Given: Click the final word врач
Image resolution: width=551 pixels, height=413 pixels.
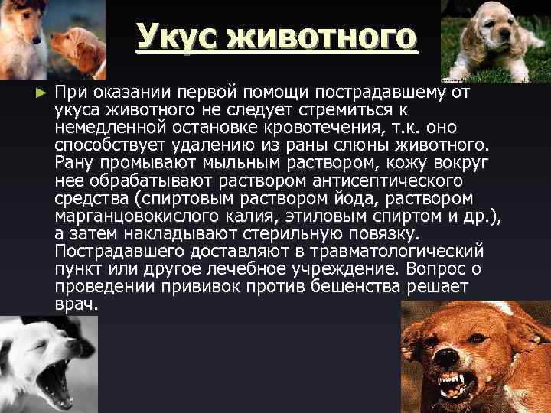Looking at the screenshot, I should pyautogui.click(x=77, y=303).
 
